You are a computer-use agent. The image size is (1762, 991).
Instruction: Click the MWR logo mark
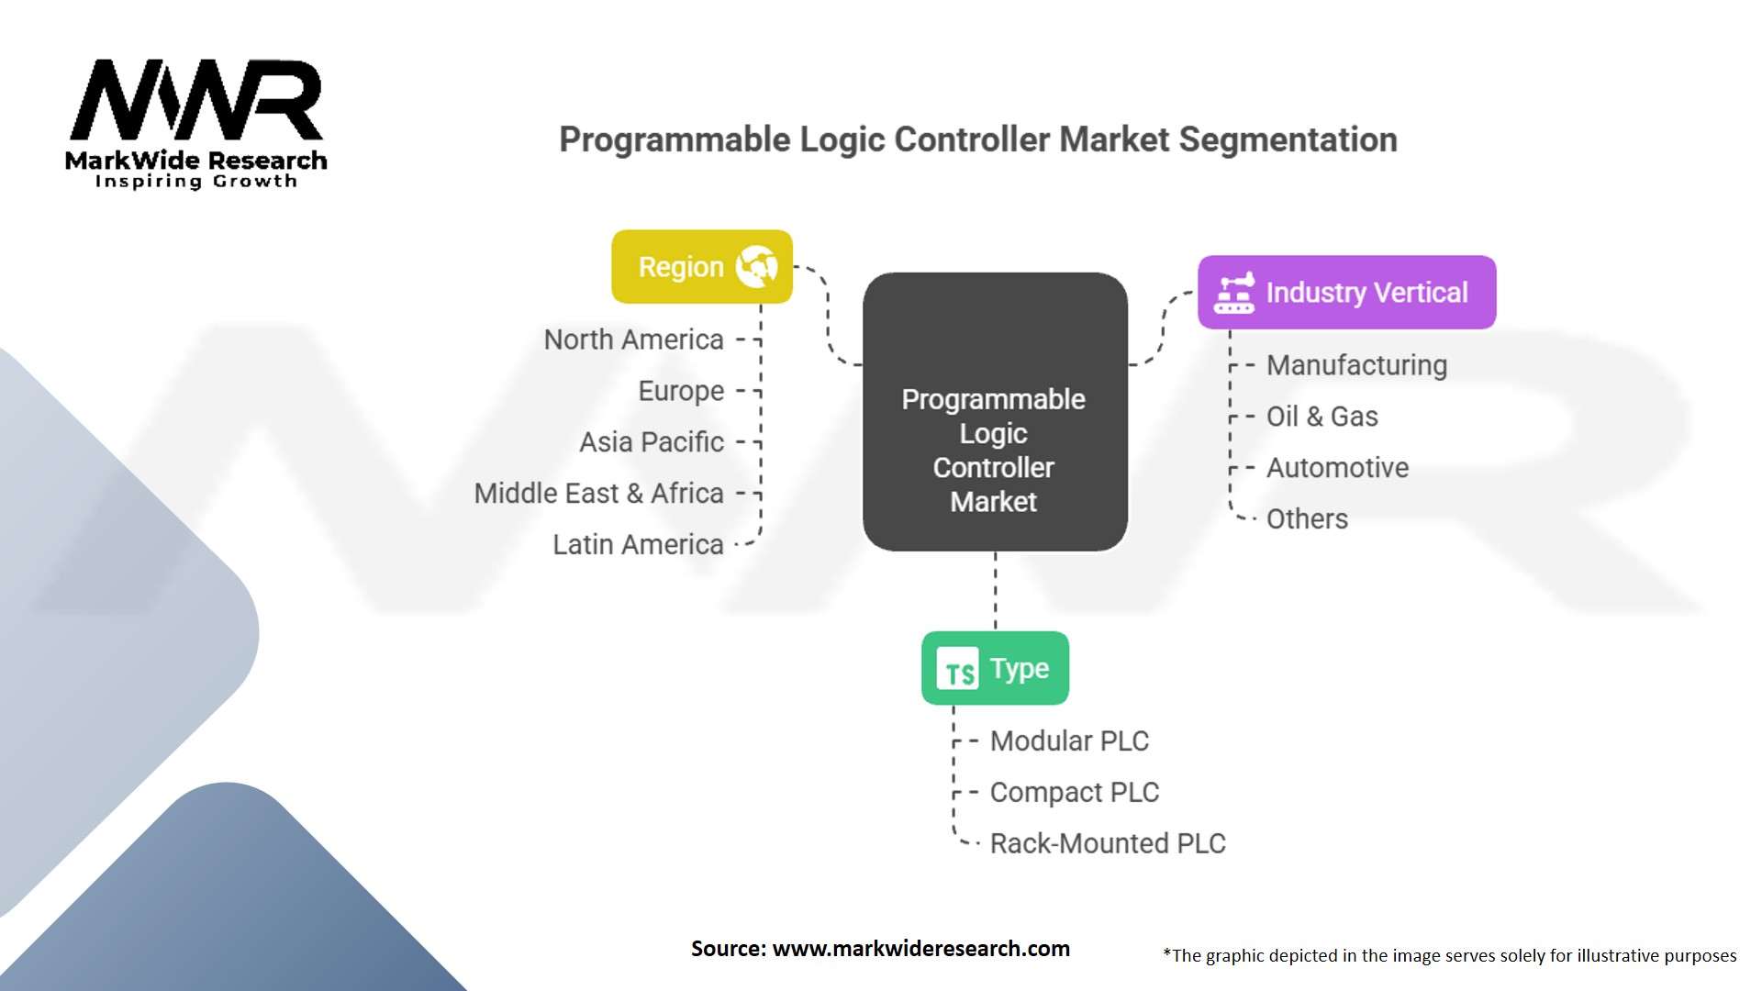(x=195, y=100)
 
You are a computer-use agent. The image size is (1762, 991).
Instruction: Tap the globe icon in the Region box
(x=756, y=266)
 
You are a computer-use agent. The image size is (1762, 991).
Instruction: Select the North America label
(x=633, y=340)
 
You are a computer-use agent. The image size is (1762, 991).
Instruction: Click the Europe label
(x=681, y=391)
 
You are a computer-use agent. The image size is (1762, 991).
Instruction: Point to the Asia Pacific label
(x=652, y=442)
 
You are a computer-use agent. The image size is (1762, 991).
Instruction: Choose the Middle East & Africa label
(x=598, y=494)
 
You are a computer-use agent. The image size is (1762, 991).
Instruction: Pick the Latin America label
(x=638, y=545)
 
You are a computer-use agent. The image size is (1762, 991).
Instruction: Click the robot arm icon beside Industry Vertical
(x=1233, y=293)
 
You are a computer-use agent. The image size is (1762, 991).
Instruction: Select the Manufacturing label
(x=1356, y=365)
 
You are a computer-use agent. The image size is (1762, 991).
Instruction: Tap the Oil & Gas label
(x=1321, y=417)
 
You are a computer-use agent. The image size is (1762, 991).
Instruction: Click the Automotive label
(x=1337, y=468)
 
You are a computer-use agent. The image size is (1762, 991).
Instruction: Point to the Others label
(x=1307, y=519)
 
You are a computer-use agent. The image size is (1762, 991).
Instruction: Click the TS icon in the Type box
(x=957, y=669)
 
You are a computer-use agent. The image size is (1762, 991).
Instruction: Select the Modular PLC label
(x=1069, y=741)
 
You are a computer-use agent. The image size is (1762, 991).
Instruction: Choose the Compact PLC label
(x=1074, y=793)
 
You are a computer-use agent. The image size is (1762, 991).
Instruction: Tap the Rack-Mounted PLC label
(x=1108, y=844)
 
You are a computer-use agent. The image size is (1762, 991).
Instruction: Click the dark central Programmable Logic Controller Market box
(x=995, y=412)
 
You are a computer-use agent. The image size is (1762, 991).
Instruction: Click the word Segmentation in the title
(x=1288, y=139)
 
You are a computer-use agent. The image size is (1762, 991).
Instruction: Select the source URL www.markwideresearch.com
(x=920, y=949)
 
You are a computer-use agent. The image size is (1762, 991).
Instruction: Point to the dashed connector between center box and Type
(x=996, y=591)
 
